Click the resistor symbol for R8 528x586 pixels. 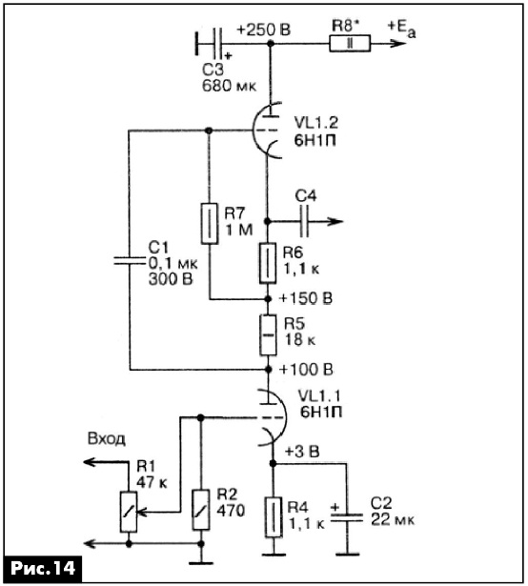point(350,43)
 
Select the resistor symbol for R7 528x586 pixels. point(210,224)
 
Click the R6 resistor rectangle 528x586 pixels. point(268,263)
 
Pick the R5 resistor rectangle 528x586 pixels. point(268,334)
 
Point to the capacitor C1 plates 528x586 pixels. point(130,261)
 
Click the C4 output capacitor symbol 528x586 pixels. point(304,222)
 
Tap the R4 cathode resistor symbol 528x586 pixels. point(274,517)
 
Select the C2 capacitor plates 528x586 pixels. point(347,517)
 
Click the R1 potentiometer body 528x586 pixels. point(129,512)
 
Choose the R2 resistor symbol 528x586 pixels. point(201,510)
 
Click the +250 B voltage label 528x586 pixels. point(264,30)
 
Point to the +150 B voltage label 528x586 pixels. point(306,298)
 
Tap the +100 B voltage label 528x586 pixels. point(306,370)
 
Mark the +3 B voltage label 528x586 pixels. point(302,452)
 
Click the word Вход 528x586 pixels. point(106,438)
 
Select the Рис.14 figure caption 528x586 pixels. point(43,568)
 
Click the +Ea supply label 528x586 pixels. point(401,28)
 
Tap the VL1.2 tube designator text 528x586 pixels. point(316,122)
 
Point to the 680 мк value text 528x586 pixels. point(230,86)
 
